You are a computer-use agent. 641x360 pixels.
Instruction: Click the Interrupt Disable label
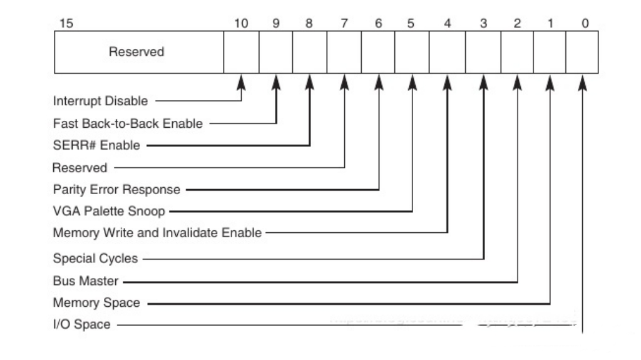tap(100, 100)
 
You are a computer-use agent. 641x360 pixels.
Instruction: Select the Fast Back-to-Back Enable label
tap(127, 123)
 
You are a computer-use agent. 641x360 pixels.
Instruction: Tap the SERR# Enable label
tap(96, 145)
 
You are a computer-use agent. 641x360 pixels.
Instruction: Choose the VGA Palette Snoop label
tap(108, 211)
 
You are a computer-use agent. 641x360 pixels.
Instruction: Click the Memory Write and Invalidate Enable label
tap(156, 233)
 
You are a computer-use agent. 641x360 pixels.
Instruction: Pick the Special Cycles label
tap(95, 258)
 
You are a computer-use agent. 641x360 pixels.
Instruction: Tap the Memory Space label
tap(96, 303)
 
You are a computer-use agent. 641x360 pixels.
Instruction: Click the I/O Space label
tap(81, 324)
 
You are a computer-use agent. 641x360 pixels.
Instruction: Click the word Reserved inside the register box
tap(136, 52)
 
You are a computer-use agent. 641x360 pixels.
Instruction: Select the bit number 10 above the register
tap(241, 24)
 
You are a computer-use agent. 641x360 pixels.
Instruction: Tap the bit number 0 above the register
tap(585, 24)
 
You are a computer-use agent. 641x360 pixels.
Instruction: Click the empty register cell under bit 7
tap(344, 52)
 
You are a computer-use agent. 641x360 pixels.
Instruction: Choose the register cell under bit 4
tap(447, 52)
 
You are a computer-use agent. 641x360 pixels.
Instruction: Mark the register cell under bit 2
tap(517, 52)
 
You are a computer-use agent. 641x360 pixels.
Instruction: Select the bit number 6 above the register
tap(378, 24)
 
